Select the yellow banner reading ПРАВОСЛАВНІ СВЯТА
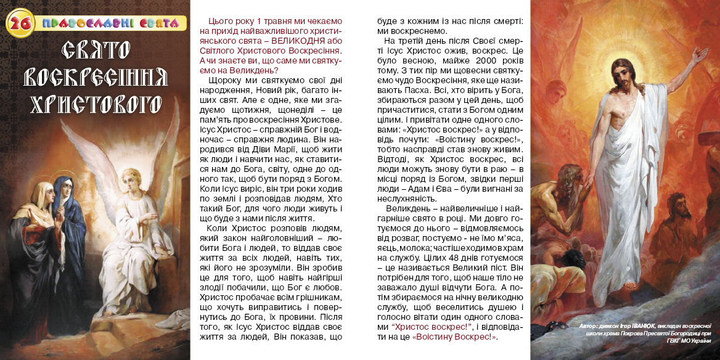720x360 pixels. (x=113, y=24)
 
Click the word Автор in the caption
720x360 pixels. (x=589, y=325)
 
